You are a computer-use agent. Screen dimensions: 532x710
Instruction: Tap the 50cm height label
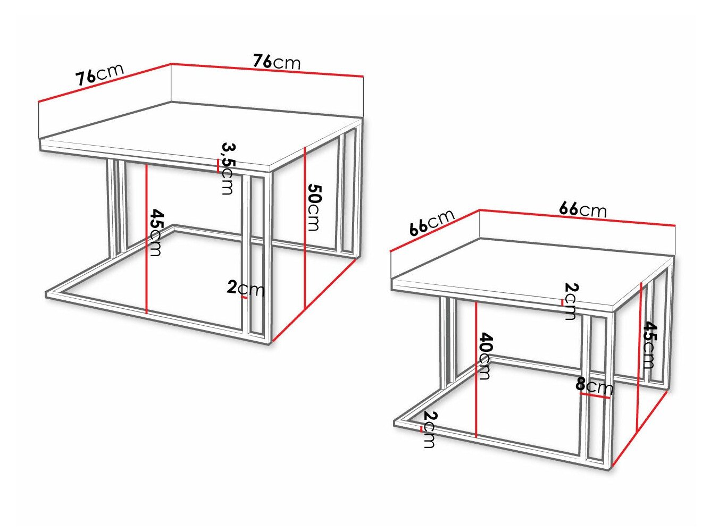tap(314, 207)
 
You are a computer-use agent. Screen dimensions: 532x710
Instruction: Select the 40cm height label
tap(485, 356)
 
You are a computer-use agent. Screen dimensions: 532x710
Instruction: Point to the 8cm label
tap(594, 385)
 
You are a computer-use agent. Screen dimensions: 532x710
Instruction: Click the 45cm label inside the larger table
tap(156, 232)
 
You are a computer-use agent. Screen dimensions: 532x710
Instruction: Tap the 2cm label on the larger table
tap(245, 289)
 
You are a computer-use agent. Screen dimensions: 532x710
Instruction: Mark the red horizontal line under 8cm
tap(595, 396)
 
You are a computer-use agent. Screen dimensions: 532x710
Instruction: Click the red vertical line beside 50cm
tap(304, 229)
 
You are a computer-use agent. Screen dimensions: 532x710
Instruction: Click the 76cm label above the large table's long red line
tap(277, 62)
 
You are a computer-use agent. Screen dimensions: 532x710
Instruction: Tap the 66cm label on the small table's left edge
tap(432, 222)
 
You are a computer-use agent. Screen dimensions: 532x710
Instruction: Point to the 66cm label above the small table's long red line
tap(583, 209)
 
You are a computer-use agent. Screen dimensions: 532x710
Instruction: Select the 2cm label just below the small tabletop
tap(570, 301)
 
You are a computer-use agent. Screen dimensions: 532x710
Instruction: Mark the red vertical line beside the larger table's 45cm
tap(146, 239)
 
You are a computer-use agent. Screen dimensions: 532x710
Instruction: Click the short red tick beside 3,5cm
tap(218, 166)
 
